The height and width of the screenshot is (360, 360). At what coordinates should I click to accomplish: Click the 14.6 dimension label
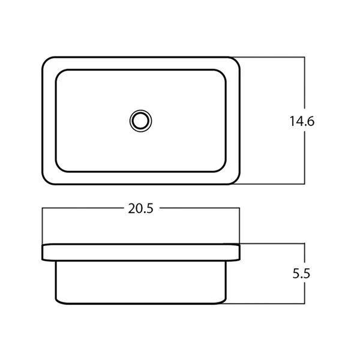tap(302, 121)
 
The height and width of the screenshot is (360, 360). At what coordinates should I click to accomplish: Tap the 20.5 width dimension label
tap(140, 209)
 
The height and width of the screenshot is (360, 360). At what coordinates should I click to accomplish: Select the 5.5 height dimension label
tap(301, 274)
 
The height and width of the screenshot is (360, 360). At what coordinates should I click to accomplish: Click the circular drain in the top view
tap(140, 121)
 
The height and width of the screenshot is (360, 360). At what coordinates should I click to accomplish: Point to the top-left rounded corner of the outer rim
tap(45, 60)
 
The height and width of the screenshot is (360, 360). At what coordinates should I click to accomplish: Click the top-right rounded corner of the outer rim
tap(237, 60)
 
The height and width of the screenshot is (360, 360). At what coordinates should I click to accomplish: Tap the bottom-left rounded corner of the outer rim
tap(45, 181)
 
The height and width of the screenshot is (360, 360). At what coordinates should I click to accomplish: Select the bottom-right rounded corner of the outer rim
tap(237, 181)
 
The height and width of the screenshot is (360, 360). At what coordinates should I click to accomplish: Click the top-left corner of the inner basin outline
tap(59, 73)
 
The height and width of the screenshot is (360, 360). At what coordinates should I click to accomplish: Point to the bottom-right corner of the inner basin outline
tap(223, 169)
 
